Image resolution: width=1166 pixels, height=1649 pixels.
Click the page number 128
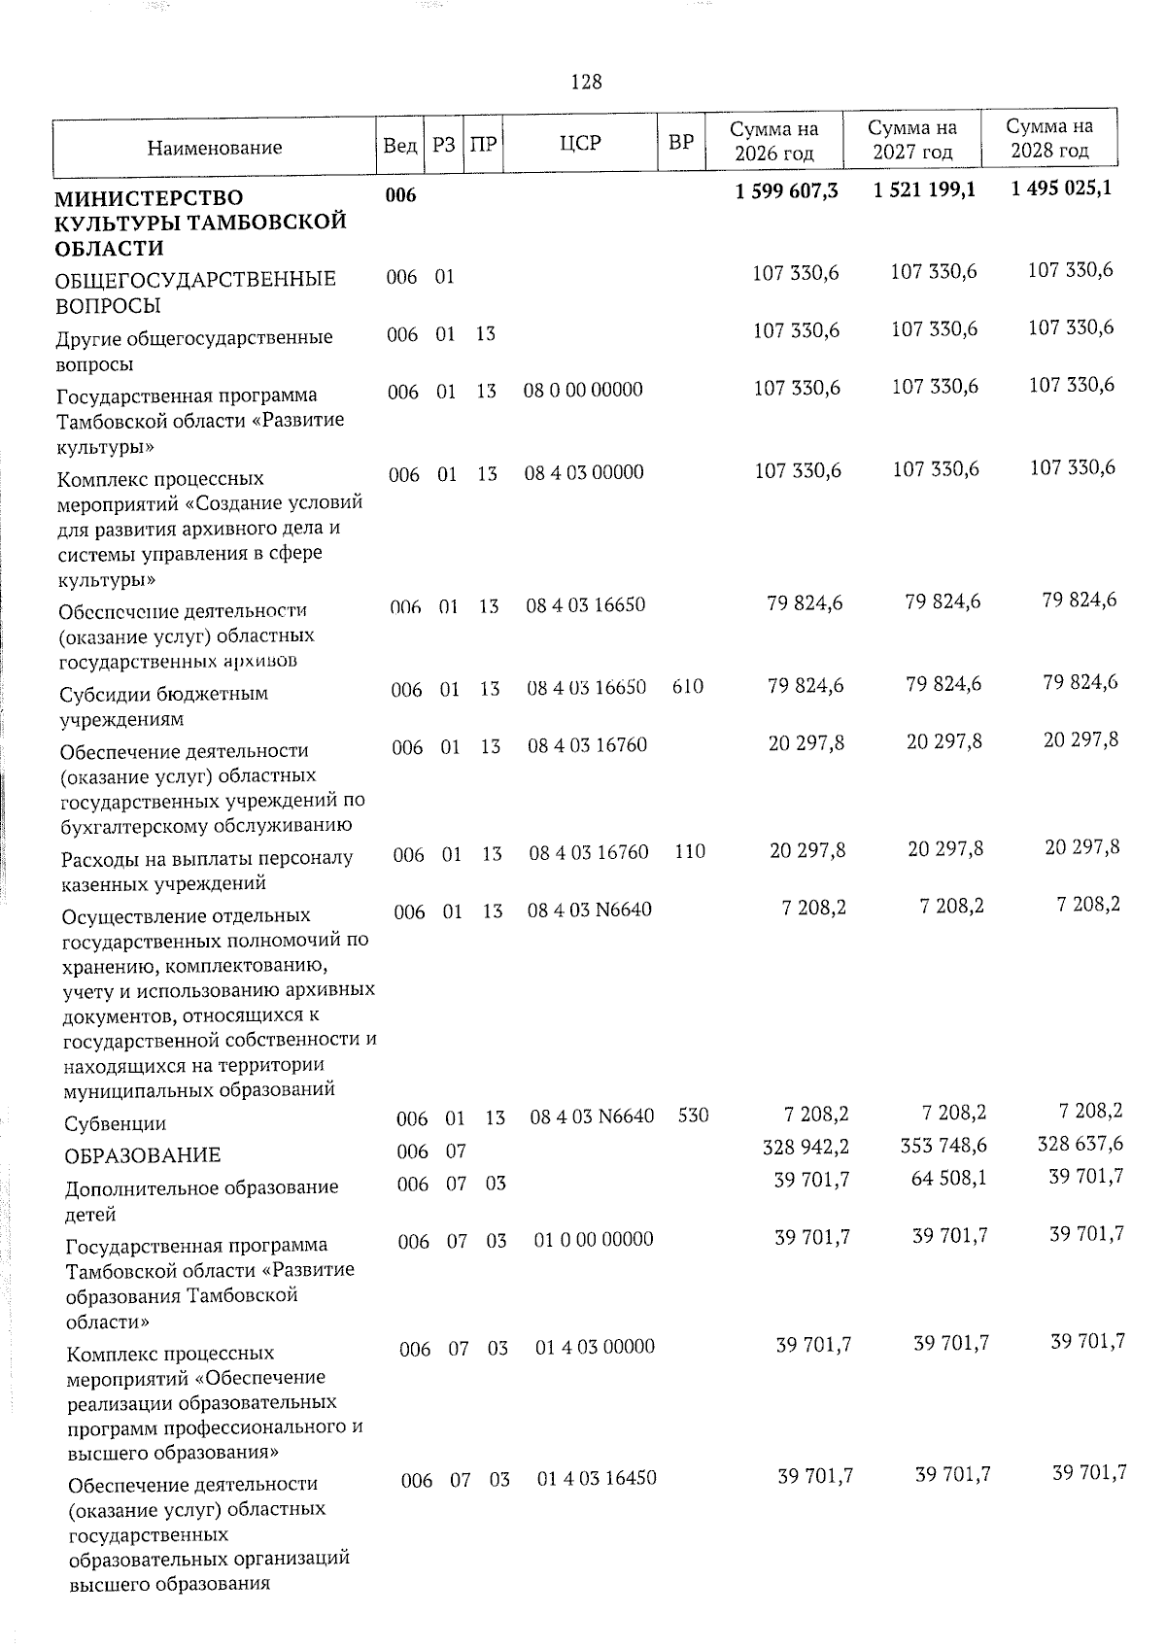[586, 83]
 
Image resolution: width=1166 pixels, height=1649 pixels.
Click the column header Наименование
[215, 148]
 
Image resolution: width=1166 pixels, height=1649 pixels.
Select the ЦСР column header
[580, 143]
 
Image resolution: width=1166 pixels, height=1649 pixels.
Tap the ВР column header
[681, 143]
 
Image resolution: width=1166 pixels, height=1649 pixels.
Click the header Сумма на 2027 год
[911, 140]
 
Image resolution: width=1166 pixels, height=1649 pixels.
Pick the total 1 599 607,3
[787, 191]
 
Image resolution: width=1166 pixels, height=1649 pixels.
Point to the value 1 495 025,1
[1060, 189]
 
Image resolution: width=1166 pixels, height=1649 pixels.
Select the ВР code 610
[688, 687]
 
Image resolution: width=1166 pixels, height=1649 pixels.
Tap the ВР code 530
[693, 1116]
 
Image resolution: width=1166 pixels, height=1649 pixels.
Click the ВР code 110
[690, 851]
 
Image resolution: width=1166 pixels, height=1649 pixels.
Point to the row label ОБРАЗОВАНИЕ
[142, 1155]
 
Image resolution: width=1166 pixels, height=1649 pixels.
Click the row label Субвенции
[115, 1124]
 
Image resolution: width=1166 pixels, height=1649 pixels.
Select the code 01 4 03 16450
[597, 1479]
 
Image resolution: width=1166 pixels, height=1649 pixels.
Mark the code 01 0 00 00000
[594, 1239]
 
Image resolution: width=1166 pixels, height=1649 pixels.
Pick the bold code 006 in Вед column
[400, 197]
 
